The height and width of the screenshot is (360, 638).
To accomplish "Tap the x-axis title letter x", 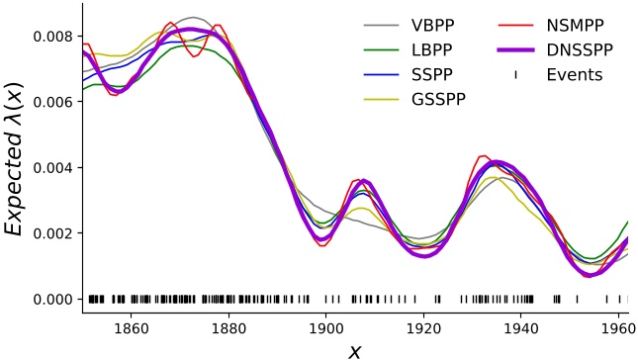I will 355,349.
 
